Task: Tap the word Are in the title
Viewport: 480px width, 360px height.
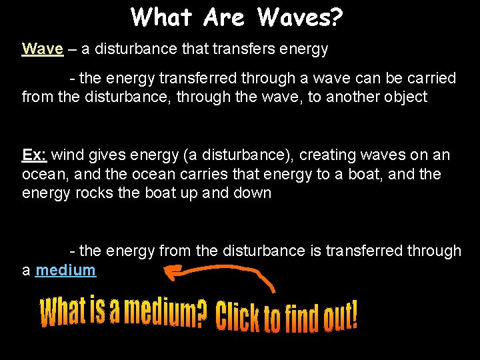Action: [227, 17]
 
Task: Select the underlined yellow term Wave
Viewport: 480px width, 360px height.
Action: [43, 49]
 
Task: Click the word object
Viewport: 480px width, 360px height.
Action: [403, 97]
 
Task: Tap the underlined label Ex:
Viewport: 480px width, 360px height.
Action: [34, 155]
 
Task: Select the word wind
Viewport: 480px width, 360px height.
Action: [65, 155]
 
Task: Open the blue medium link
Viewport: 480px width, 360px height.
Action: [66, 270]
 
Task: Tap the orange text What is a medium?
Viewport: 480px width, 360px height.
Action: [124, 311]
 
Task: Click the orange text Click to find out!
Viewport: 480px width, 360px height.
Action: [287, 317]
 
